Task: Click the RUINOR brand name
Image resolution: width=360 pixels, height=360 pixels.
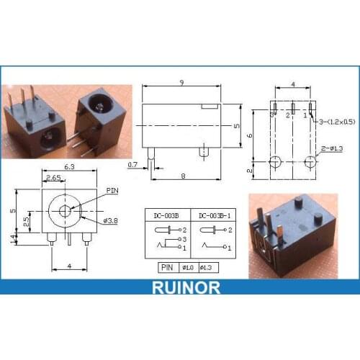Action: [180, 287]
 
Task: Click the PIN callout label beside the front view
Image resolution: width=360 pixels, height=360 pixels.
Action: [112, 190]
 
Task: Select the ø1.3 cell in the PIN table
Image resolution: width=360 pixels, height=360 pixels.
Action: [210, 267]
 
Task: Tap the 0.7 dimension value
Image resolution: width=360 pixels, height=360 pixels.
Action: [133, 166]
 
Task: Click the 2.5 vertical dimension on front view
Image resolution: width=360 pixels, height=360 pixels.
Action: [27, 220]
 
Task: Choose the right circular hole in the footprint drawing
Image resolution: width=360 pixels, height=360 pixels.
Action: [310, 160]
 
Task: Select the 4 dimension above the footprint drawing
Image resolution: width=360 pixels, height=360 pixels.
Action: [292, 86]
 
